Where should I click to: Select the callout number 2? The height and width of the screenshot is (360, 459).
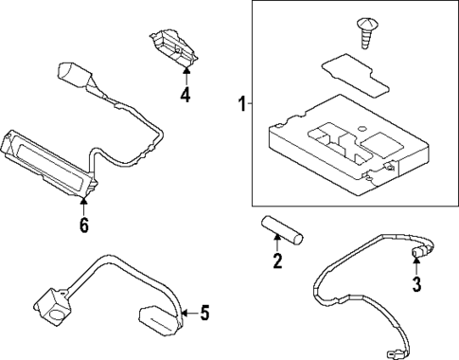pyautogui.click(x=277, y=261)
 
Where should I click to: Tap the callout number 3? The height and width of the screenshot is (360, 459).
pyautogui.click(x=415, y=284)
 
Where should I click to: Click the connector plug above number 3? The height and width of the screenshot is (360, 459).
pyautogui.click(x=418, y=252)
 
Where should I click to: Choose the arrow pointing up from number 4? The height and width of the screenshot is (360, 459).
pyautogui.click(x=186, y=73)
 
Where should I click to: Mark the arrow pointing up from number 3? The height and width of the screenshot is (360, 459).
pyautogui.click(x=415, y=266)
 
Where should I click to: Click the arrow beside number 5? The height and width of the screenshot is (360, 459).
pyautogui.click(x=189, y=311)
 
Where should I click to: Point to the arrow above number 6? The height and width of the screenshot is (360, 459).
pyautogui.click(x=84, y=203)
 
